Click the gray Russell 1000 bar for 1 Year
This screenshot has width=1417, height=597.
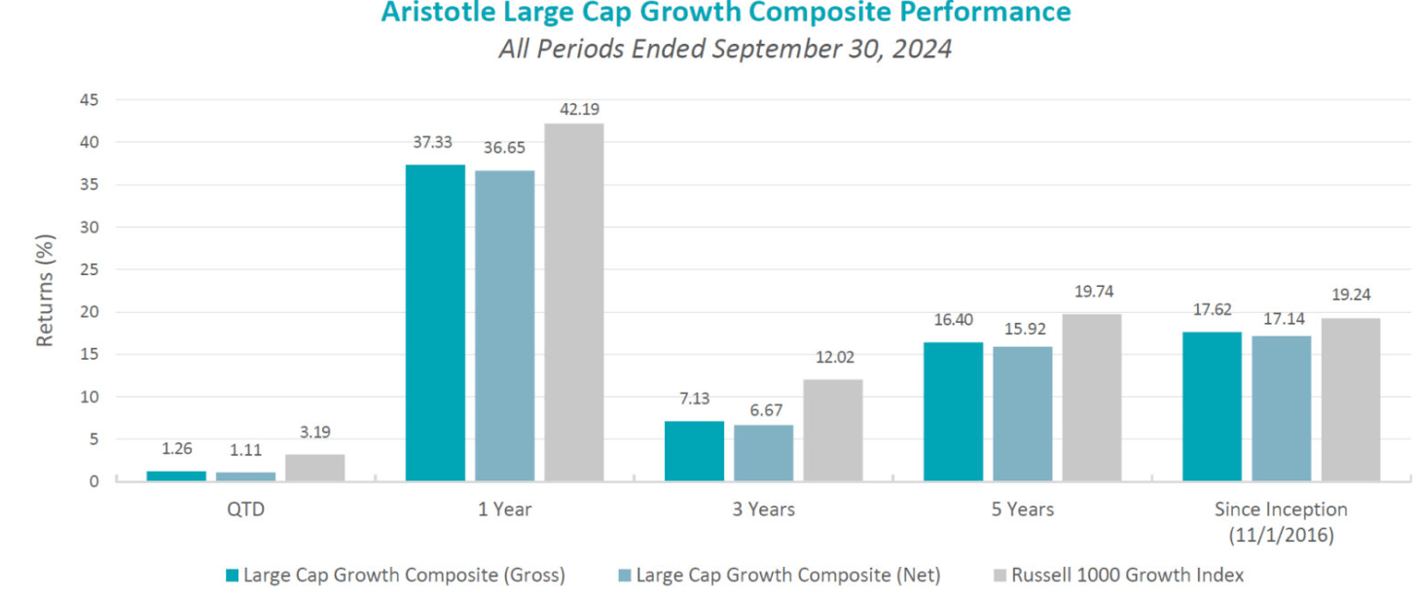tap(573, 301)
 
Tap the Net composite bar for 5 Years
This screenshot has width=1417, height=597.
tap(1022, 413)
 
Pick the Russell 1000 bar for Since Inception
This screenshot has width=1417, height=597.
tap(1350, 399)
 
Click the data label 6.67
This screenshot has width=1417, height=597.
tap(763, 409)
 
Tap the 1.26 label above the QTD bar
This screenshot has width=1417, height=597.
tap(176, 448)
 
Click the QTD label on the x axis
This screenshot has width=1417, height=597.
tap(245, 509)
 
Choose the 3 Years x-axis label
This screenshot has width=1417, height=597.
tap(763, 509)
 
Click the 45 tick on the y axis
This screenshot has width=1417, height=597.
tap(88, 99)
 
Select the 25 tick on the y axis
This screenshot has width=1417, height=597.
tap(88, 269)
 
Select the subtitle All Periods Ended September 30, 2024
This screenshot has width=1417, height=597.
tap(725, 49)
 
